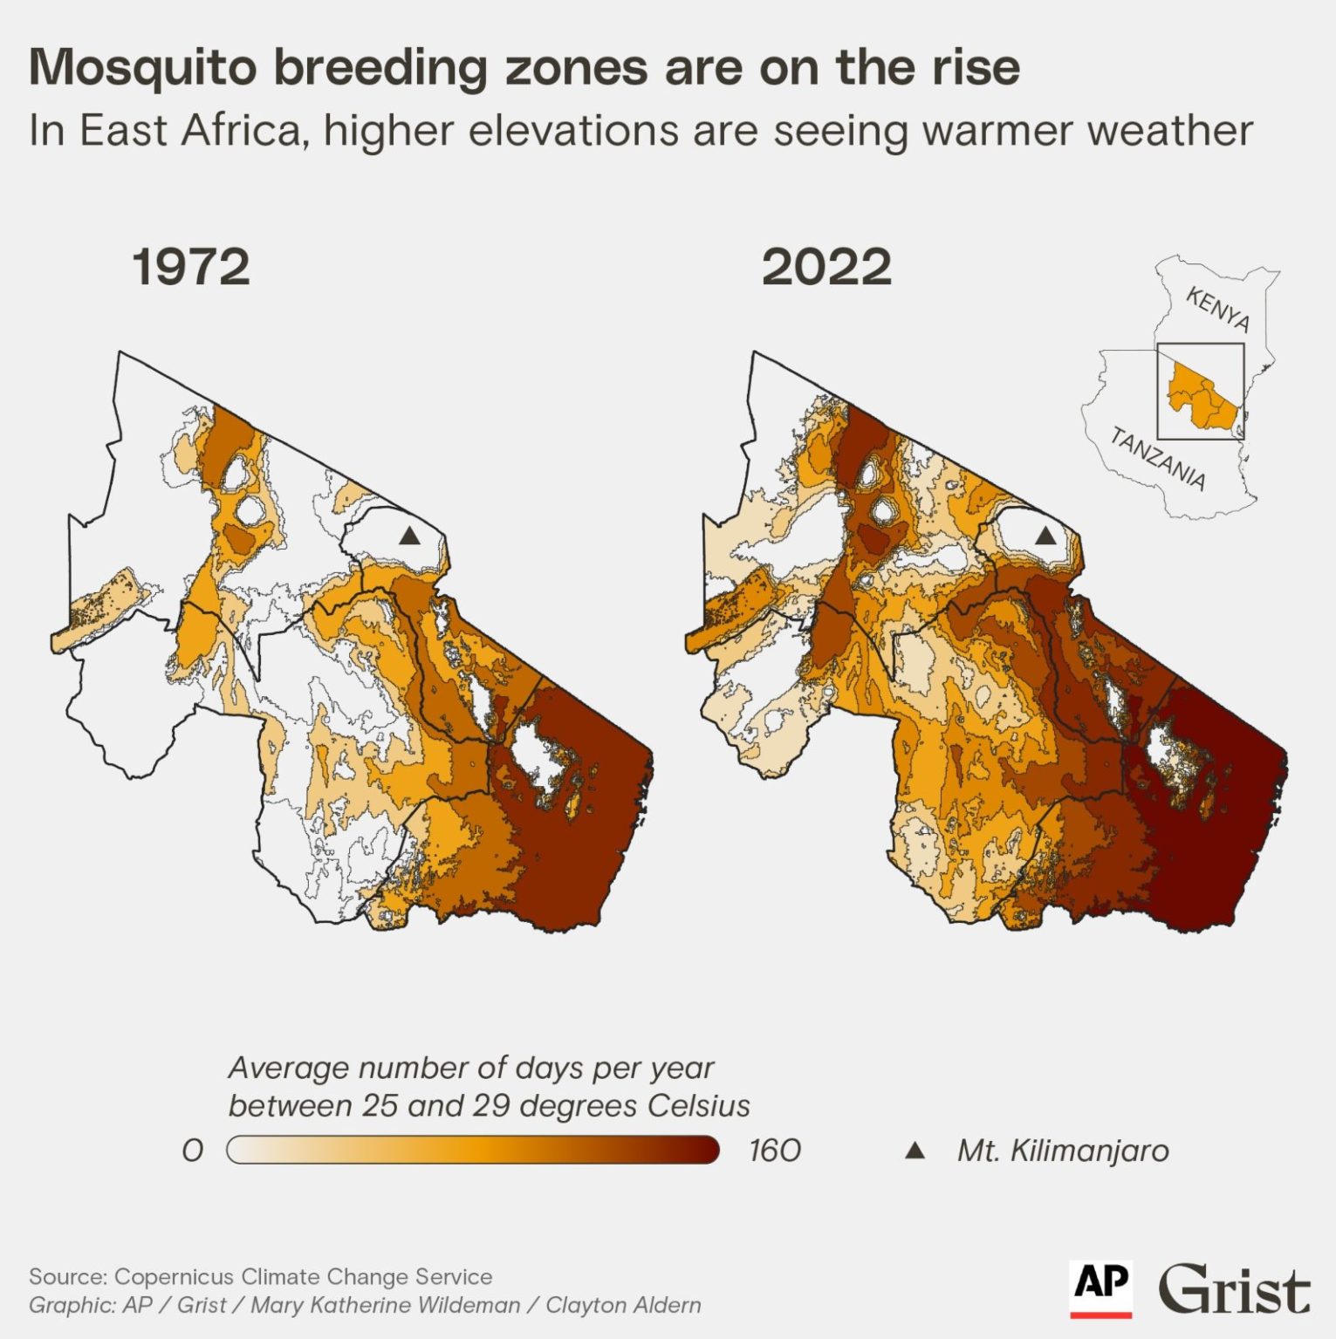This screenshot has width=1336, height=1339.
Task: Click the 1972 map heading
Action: [190, 267]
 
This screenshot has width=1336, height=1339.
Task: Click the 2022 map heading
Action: [826, 267]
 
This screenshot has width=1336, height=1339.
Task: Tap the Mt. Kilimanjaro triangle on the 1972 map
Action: [409, 536]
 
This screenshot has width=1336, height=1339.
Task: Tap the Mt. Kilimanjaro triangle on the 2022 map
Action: [1045, 536]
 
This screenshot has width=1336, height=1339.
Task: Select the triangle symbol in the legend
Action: [915, 1151]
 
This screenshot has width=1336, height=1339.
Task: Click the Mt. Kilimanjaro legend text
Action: [1062, 1151]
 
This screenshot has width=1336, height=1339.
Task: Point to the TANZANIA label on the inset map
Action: [1158, 459]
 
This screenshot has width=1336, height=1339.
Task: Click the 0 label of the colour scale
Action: [193, 1151]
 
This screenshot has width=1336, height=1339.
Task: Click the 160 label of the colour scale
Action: [774, 1151]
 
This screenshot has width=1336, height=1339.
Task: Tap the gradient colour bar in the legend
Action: [472, 1151]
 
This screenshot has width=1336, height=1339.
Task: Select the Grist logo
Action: [1233, 1288]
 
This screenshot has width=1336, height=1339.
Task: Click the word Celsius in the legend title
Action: [698, 1105]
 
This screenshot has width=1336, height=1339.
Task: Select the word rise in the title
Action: [975, 68]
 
